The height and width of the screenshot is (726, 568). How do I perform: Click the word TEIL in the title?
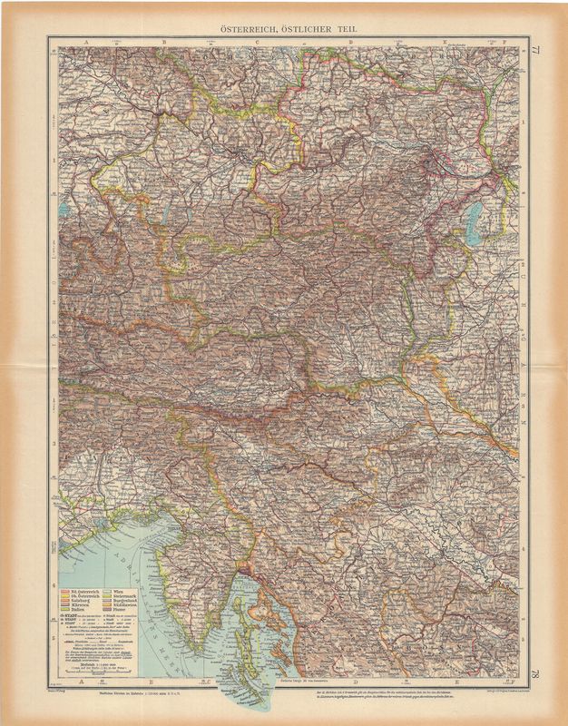click(x=346, y=29)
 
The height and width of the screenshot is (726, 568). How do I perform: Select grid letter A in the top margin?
click(x=78, y=42)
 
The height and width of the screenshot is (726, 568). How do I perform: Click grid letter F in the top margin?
click(x=495, y=42)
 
